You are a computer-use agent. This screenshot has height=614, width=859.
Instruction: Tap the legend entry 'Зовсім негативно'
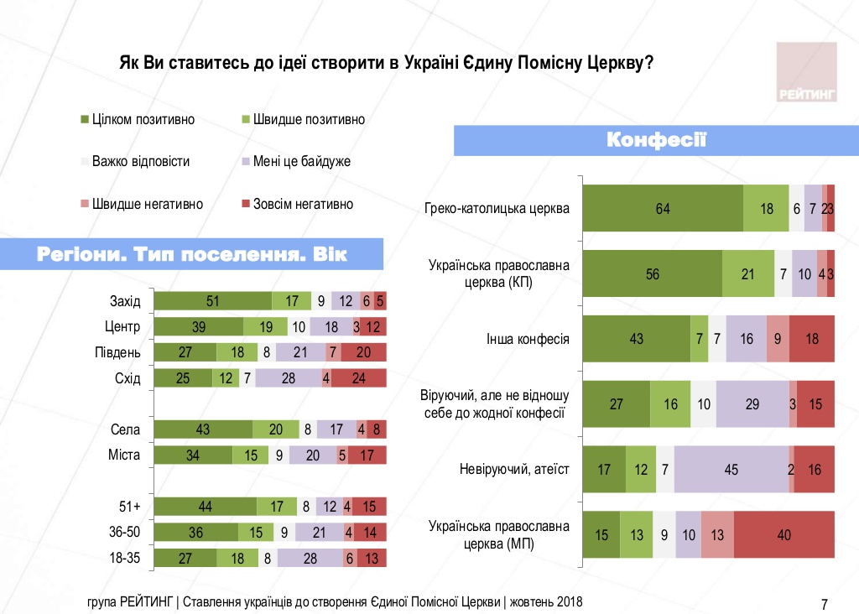coord(297,204)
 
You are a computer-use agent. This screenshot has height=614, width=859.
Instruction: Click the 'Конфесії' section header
coord(656,140)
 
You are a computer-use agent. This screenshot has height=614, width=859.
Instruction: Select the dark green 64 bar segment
coord(663,209)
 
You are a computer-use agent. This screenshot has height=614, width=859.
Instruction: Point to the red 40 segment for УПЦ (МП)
coord(784,534)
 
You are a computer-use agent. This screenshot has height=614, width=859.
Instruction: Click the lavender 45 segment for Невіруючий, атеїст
coord(731,470)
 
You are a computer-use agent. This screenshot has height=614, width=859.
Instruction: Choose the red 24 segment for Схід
coord(359,378)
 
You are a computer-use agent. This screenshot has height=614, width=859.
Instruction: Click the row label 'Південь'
coord(119,352)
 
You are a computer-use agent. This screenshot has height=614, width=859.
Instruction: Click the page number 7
coord(824,603)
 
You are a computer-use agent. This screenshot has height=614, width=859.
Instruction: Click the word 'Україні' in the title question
coord(430,63)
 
